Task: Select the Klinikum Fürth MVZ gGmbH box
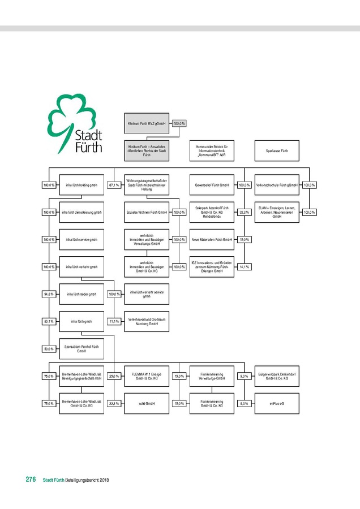click(x=146, y=123)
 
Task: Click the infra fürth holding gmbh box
click(x=82, y=185)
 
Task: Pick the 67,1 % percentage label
click(x=114, y=185)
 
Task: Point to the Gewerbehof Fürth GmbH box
click(x=211, y=185)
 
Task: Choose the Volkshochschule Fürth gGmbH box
click(x=277, y=185)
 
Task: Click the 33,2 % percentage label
click(x=245, y=212)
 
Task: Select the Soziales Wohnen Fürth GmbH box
click(x=146, y=212)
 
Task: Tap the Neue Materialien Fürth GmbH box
click(x=211, y=240)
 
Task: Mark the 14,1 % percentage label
click(x=245, y=267)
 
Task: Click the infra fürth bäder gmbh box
click(x=82, y=294)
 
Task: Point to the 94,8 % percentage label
click(x=49, y=294)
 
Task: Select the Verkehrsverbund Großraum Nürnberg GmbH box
click(x=146, y=322)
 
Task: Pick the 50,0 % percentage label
click(x=49, y=349)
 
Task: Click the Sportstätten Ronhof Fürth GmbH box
click(x=82, y=349)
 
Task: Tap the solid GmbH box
click(x=146, y=404)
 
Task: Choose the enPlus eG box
click(x=277, y=404)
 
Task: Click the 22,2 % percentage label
click(x=114, y=404)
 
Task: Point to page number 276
click(x=31, y=480)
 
